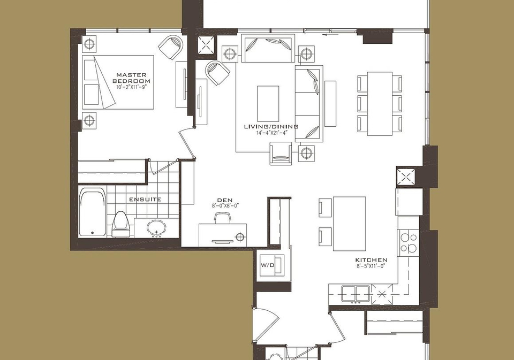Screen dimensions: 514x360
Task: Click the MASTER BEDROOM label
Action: pyautogui.click(x=131, y=78)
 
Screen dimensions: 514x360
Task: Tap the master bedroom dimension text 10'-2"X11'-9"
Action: pyautogui.click(x=131, y=88)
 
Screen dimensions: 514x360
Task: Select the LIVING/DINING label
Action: pyautogui.click(x=271, y=126)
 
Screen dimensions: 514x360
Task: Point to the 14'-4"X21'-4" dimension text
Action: pyautogui.click(x=272, y=133)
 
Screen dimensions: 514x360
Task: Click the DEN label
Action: pyautogui.click(x=225, y=200)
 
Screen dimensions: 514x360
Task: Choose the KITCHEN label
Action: pyautogui.click(x=371, y=260)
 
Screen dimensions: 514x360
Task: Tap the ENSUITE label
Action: pyautogui.click(x=145, y=199)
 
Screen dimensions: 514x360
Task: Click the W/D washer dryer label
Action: pyautogui.click(x=268, y=265)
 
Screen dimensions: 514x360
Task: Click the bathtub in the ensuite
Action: pyautogui.click(x=93, y=212)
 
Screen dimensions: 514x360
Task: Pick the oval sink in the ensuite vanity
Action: pyautogui.click(x=157, y=228)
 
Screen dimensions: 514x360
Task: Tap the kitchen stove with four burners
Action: pyautogui.click(x=408, y=242)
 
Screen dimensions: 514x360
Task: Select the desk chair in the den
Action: pyautogui.click(x=223, y=218)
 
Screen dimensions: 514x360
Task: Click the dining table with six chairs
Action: pyautogui.click(x=380, y=104)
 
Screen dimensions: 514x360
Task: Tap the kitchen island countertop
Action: pyautogui.click(x=350, y=224)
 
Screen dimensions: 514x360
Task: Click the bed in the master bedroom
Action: pyautogui.click(x=118, y=82)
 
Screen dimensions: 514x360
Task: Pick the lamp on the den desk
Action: pyautogui.click(x=240, y=236)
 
